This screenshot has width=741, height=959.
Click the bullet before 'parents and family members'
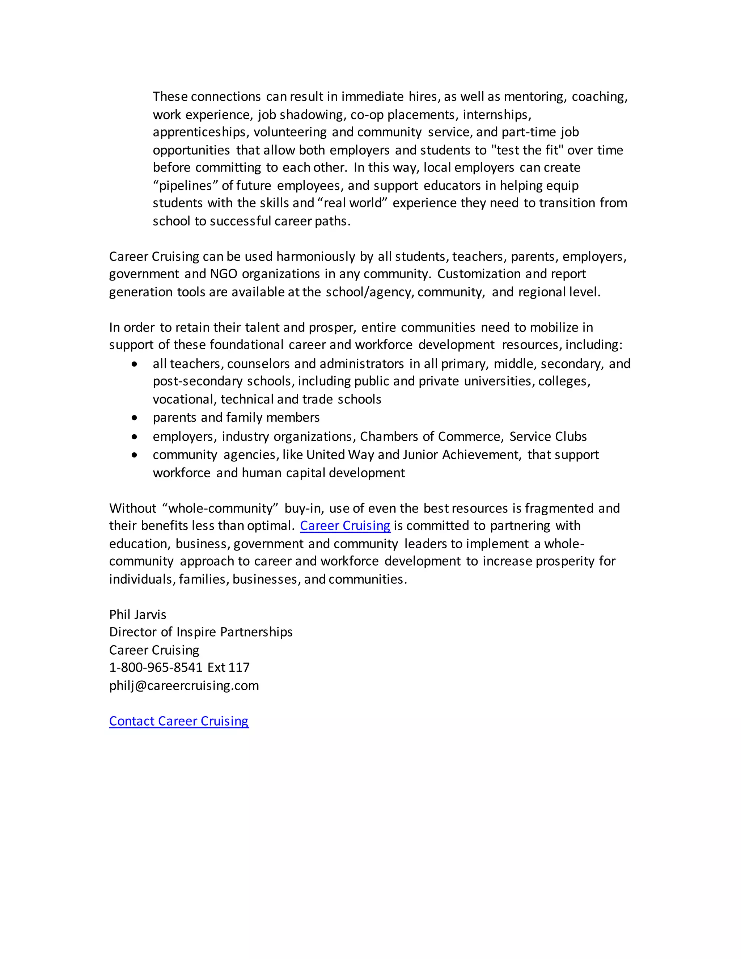134,418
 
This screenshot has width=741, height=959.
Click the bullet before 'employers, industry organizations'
134,436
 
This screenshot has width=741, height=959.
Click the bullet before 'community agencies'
134,455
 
